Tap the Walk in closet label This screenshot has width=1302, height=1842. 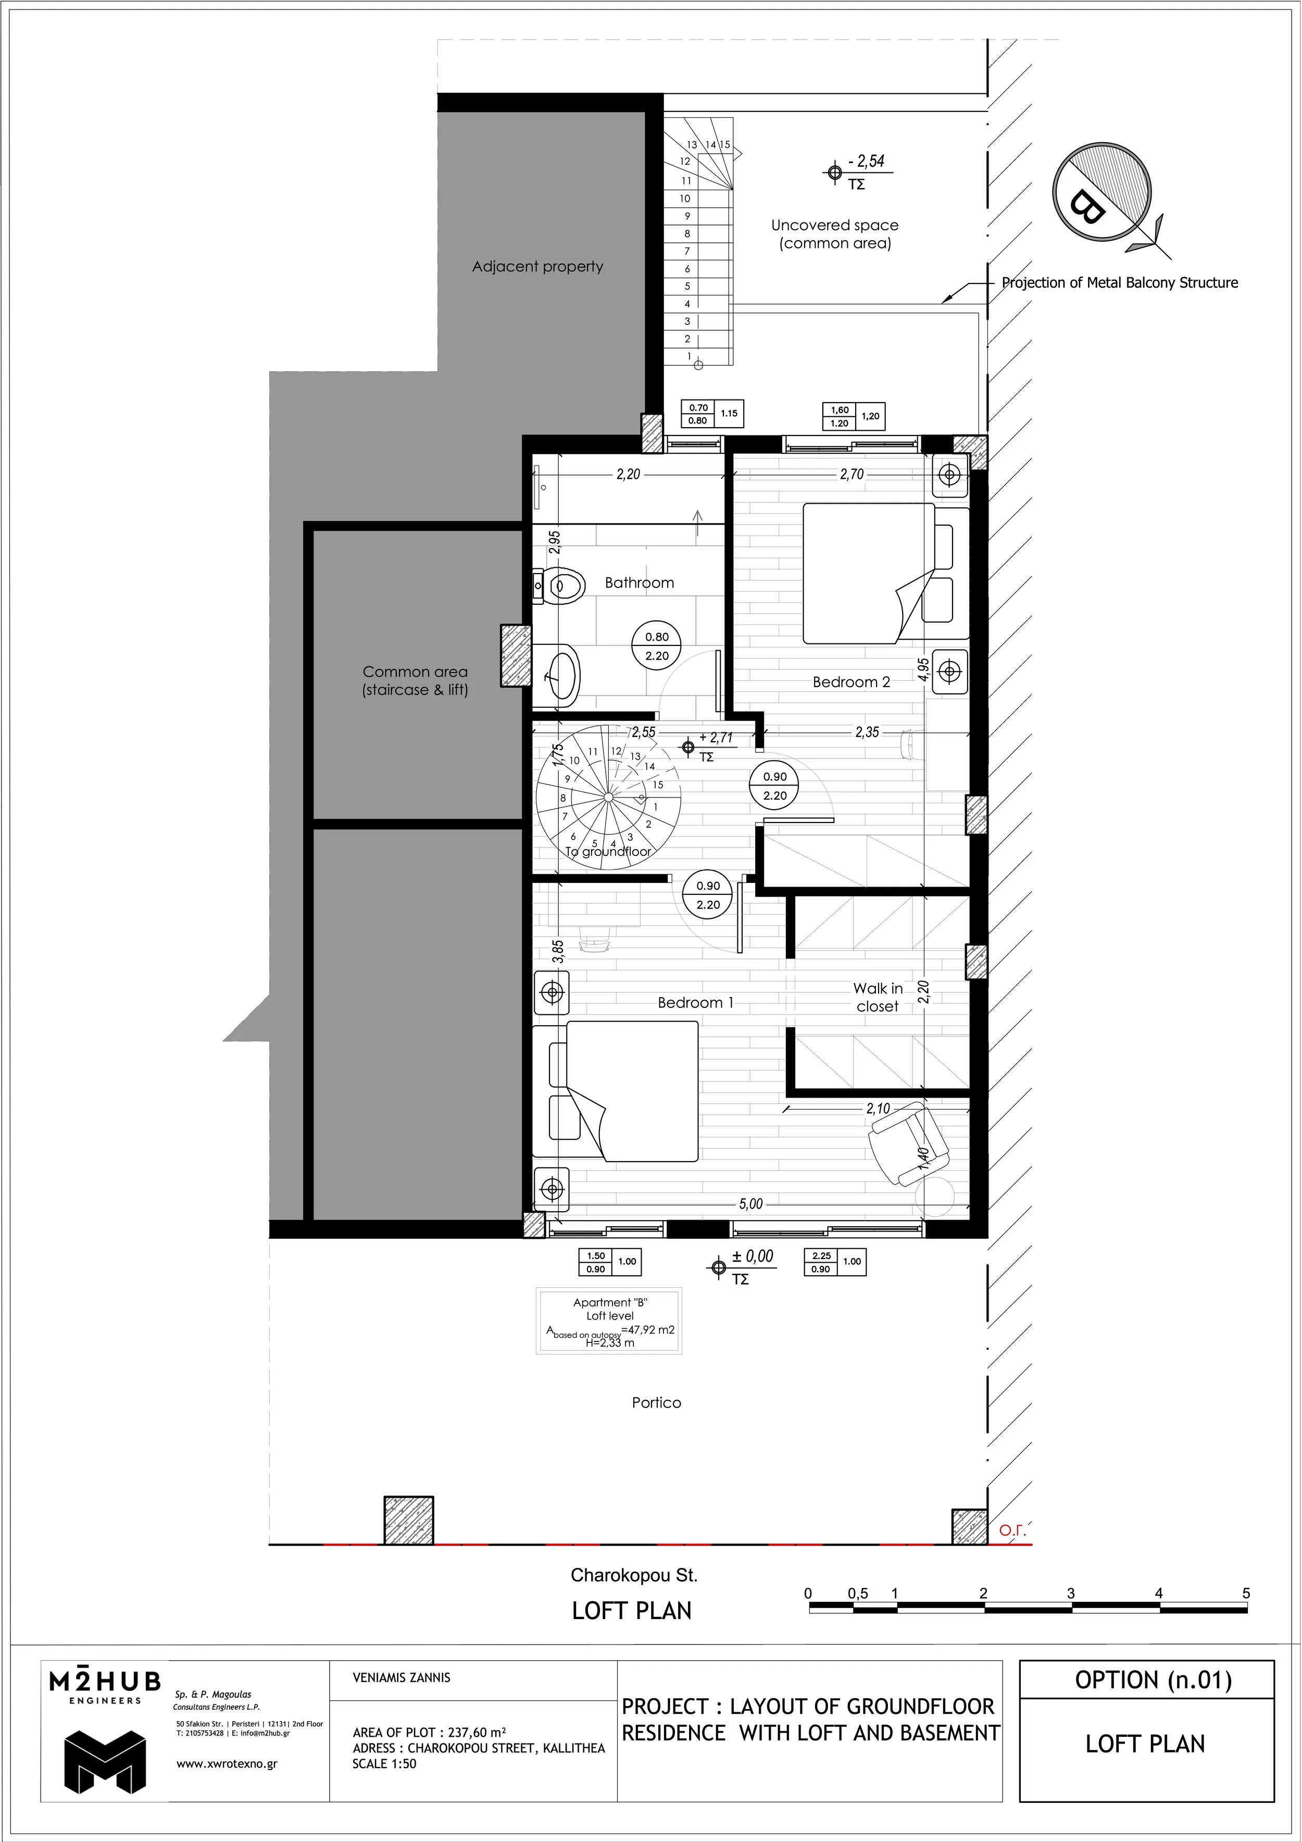click(878, 997)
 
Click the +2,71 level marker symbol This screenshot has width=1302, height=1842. click(687, 747)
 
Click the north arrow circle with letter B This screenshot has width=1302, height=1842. click(1101, 193)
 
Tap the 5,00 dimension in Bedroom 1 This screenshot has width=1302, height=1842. click(751, 1203)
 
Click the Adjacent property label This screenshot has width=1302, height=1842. click(537, 266)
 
